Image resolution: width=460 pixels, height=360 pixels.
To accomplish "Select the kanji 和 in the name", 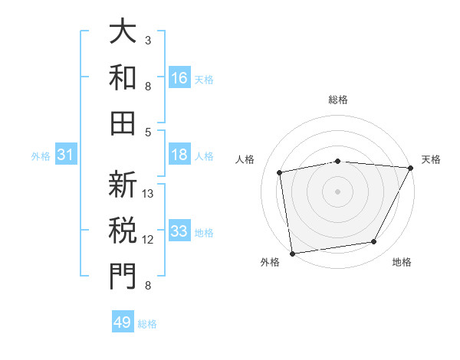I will coord(123,76).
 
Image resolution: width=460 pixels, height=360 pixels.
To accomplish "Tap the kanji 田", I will coord(123,120).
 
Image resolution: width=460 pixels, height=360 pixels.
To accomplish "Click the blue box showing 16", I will coord(179,78).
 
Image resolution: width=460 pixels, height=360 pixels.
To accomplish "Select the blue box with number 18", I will coord(179,155).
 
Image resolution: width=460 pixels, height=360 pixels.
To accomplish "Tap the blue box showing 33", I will coord(179,232).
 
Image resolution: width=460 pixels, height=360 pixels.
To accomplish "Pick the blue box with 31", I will coord(66,155).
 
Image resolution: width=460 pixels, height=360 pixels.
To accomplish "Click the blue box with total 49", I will coord(123,322).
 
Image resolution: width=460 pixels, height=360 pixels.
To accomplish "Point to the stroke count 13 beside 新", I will coord(149,194).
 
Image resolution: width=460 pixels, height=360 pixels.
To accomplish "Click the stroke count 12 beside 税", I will coord(149,240).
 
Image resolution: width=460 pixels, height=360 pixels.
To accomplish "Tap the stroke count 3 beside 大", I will coord(148,40).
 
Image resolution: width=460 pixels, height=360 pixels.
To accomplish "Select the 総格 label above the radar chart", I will coord(338,100).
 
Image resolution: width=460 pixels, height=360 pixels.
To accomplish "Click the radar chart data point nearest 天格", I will coord(411,168).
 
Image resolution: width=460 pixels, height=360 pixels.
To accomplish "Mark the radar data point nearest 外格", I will coord(292,253).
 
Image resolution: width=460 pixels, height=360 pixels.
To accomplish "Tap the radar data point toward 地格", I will coord(374,242).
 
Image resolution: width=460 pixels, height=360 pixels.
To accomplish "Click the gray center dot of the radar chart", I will coord(337,191).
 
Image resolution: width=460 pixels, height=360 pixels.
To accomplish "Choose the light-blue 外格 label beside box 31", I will coord(41,156).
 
